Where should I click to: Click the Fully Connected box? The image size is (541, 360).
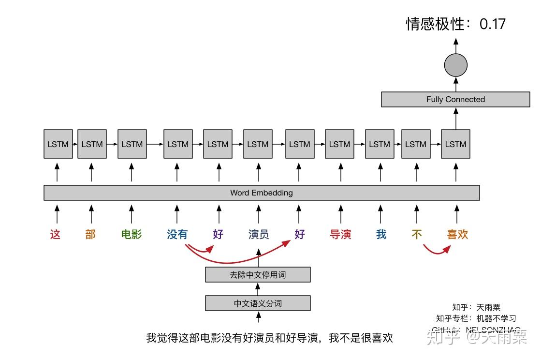click(x=455, y=99)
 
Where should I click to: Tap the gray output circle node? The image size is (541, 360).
click(x=455, y=65)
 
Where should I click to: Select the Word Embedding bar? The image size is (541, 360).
click(x=262, y=193)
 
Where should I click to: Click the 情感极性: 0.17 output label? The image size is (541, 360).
click(x=455, y=24)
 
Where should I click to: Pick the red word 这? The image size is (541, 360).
click(x=56, y=235)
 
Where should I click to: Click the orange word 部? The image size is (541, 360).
click(x=90, y=235)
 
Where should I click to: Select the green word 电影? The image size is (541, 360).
click(x=132, y=235)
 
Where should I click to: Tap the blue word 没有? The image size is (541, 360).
click(x=177, y=235)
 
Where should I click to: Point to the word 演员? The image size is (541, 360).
click(x=259, y=235)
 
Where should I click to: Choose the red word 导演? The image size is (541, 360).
click(x=340, y=235)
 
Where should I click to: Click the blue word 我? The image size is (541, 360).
click(x=381, y=235)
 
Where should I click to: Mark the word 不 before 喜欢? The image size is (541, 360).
click(x=417, y=235)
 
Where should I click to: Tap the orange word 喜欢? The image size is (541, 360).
click(x=457, y=235)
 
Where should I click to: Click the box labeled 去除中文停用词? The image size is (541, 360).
click(x=258, y=275)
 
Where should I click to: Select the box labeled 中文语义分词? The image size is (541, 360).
click(x=258, y=303)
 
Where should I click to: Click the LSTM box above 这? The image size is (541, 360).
click(x=58, y=144)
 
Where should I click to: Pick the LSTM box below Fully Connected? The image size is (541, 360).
click(x=455, y=144)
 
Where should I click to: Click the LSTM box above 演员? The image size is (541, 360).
click(x=258, y=144)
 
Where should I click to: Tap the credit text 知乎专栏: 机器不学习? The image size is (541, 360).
click(x=476, y=318)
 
